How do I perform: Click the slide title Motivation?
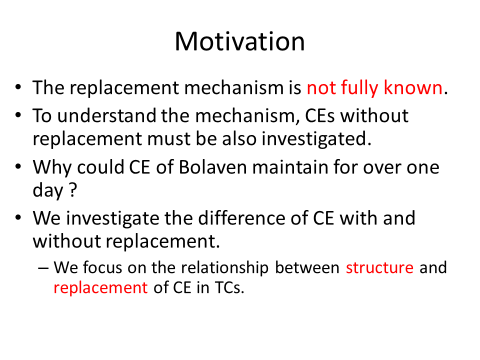[x=239, y=41]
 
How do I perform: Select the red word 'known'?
[x=413, y=87]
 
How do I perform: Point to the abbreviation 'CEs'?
[x=320, y=115]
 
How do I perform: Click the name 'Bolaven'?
[x=213, y=167]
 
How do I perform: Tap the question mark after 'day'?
[x=73, y=190]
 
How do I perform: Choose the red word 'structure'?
[x=379, y=267]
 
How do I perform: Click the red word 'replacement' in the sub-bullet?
[x=100, y=288]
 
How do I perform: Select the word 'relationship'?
[x=224, y=268]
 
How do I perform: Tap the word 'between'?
[x=307, y=267]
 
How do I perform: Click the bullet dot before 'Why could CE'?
[x=18, y=167]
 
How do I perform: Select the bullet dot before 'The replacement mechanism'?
[x=18, y=87]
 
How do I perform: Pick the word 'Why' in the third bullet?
[x=52, y=168]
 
